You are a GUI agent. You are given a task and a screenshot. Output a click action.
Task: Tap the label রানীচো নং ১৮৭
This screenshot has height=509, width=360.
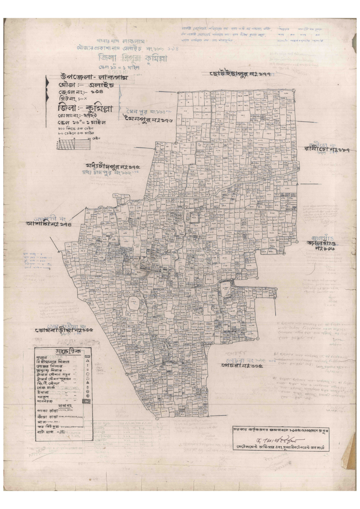(x=327, y=150)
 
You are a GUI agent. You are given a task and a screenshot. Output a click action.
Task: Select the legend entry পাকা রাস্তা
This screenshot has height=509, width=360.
(x=47, y=411)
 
